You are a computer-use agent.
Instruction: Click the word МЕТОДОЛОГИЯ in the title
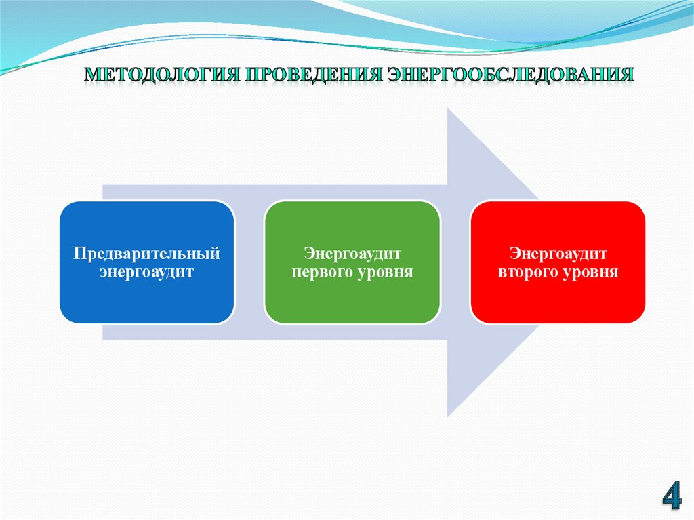161,75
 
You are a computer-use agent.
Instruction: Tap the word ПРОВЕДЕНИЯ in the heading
314,75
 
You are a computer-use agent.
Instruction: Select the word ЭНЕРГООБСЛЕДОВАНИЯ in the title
511,75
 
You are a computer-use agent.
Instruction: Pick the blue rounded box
147,262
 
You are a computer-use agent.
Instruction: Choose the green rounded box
352,262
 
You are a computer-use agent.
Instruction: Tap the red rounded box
558,262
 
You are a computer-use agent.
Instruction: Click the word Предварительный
146,254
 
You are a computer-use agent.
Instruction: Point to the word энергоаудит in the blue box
146,272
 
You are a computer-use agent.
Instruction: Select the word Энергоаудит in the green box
352,254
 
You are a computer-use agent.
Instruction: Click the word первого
322,272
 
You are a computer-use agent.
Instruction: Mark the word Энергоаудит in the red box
558,254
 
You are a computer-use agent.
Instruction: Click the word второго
527,272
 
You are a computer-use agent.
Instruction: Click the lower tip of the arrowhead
448,417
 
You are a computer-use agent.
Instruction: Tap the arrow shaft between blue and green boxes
249,262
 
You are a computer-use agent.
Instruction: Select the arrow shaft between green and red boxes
455,262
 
